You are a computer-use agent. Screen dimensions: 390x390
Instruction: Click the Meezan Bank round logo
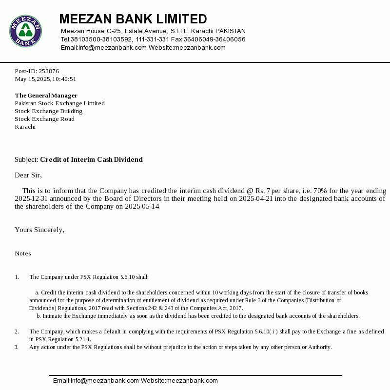(25, 31)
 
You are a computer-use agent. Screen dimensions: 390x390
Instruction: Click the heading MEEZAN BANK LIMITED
(133, 19)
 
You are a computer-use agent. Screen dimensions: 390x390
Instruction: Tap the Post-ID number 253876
(49, 71)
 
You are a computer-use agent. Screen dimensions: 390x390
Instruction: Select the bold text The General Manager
(46, 96)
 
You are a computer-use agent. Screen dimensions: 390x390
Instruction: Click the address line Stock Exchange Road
(44, 119)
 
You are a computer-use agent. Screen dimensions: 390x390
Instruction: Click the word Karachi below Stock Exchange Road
(25, 127)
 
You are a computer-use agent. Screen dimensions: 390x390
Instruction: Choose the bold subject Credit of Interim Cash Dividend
(91, 159)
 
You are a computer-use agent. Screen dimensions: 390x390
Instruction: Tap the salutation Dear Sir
(28, 175)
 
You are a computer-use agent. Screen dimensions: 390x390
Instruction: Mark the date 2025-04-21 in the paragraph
(255, 198)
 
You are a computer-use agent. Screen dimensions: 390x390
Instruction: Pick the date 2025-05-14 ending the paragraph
(142, 206)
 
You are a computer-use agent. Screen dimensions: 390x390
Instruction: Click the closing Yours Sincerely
(39, 230)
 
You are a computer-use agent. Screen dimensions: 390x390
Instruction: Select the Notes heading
(22, 253)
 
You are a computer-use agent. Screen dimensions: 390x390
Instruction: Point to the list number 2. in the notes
(17, 331)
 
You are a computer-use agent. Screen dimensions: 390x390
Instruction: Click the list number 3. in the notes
(17, 347)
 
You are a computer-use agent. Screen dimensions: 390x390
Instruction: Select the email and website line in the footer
(135, 381)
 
